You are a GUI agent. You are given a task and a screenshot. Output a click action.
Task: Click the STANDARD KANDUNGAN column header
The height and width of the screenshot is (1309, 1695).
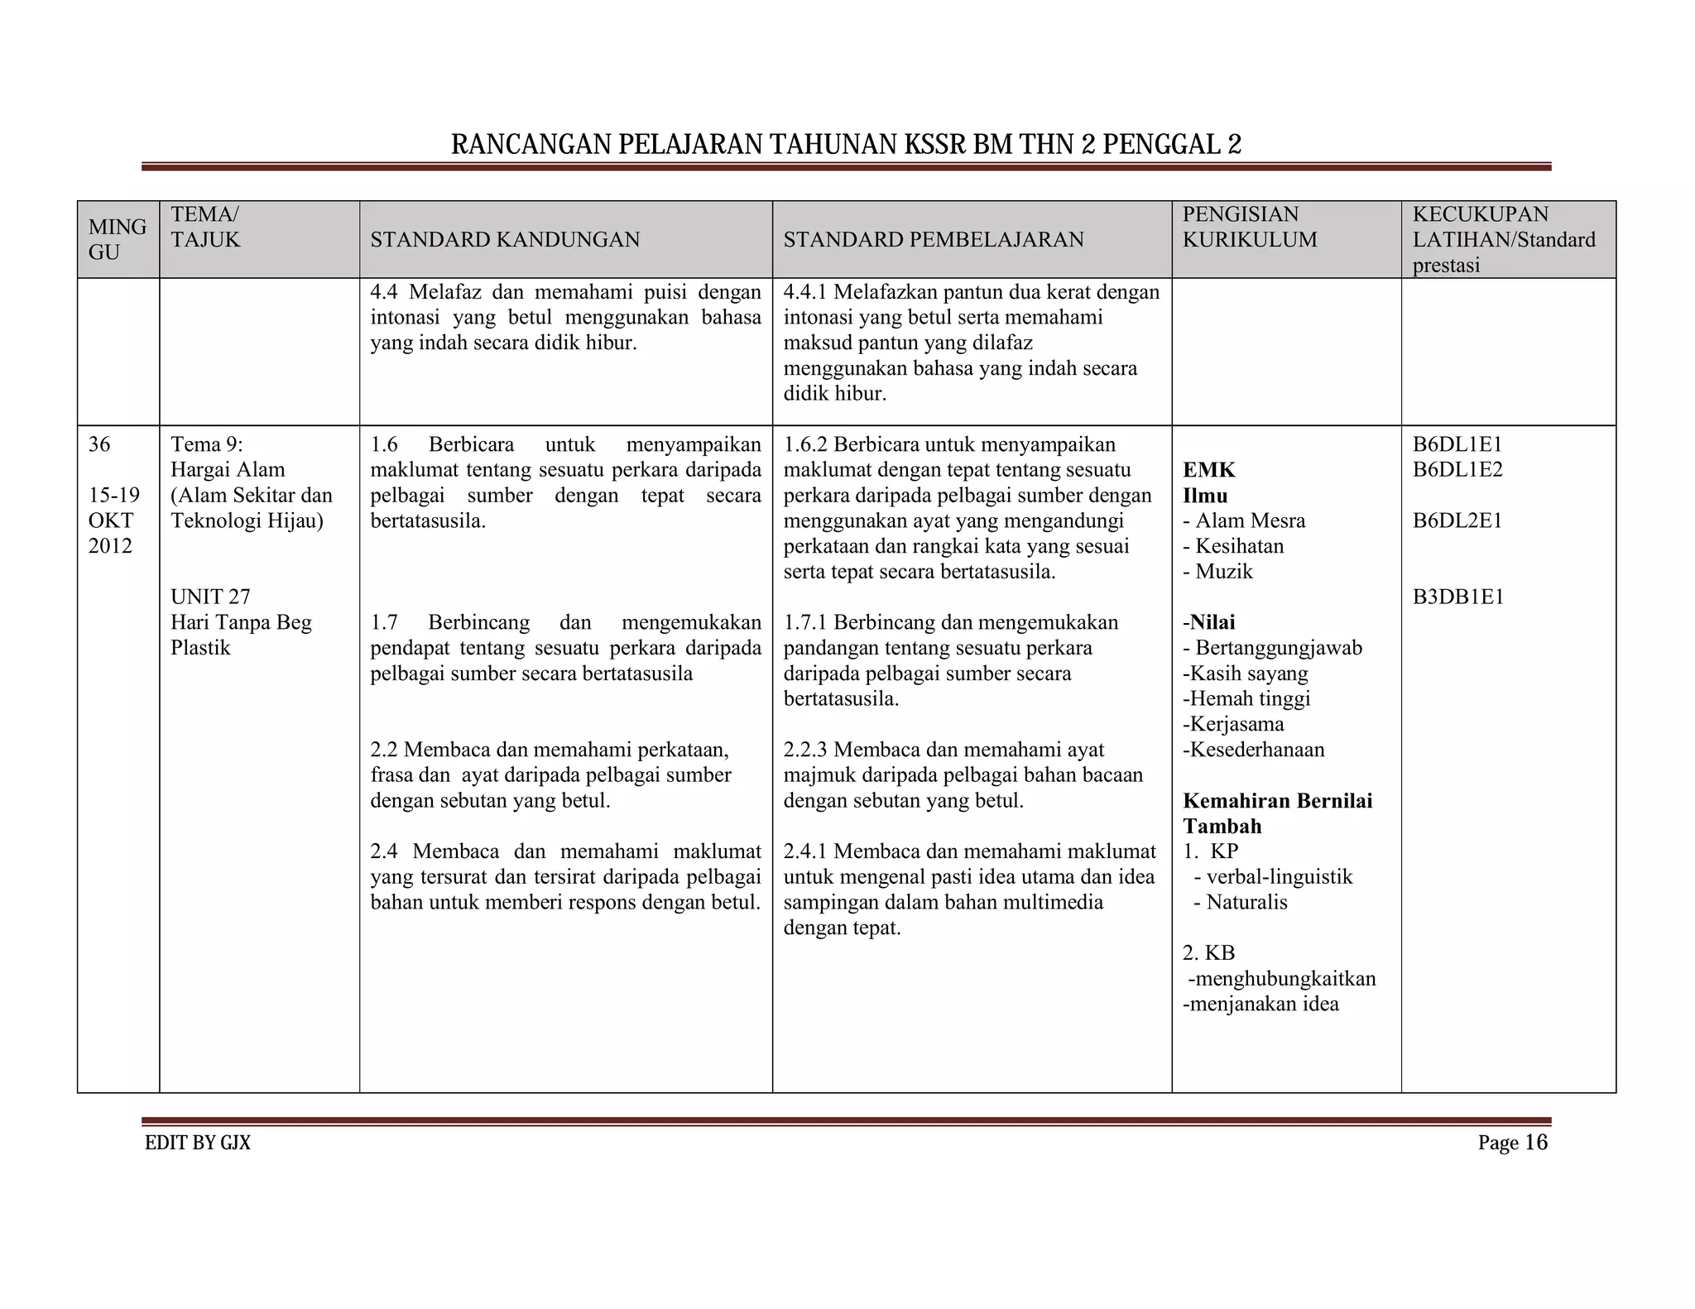pos(505,240)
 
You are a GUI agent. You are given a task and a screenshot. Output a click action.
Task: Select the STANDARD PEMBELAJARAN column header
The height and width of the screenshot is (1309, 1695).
pos(933,240)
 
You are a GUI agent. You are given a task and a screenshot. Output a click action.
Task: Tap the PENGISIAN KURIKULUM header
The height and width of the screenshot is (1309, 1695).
pos(1249,227)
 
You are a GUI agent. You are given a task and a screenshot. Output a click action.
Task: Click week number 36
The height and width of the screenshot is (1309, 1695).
pos(99,445)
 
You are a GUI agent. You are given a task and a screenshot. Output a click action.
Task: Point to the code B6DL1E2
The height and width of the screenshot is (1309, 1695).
pos(1457,470)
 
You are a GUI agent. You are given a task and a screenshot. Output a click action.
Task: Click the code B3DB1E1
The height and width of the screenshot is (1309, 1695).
pos(1457,597)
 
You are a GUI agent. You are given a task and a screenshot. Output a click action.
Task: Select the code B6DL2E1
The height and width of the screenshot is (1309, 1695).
pos(1457,521)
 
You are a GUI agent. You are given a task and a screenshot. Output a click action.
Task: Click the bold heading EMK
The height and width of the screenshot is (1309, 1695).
pos(1208,470)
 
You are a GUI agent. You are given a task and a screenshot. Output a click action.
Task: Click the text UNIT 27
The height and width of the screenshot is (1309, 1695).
pos(210,597)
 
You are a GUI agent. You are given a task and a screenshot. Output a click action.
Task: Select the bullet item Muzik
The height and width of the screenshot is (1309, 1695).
pos(1223,572)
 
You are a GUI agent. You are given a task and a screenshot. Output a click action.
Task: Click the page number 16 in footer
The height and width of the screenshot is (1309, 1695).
pos(1535,1143)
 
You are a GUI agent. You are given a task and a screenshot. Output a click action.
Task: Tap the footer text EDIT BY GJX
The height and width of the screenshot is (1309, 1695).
pos(198,1144)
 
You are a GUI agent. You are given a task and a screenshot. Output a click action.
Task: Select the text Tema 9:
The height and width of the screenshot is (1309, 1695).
pos(206,445)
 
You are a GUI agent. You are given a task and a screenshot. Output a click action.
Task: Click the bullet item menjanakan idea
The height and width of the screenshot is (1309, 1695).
pos(1263,1005)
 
